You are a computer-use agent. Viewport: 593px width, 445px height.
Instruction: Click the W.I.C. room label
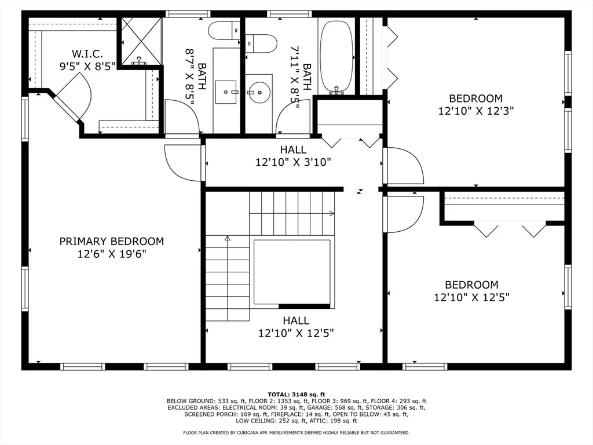click(87, 54)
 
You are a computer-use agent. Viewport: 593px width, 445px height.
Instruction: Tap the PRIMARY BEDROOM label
click(112, 242)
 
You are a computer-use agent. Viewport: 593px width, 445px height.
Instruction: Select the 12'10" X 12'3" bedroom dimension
click(476, 111)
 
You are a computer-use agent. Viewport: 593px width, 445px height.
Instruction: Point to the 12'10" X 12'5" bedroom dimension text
click(471, 297)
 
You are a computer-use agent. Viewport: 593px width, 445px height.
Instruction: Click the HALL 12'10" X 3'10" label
click(294, 156)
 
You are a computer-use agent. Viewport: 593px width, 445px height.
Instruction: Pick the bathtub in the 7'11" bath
click(336, 56)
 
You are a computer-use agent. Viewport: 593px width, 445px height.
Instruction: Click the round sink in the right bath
click(259, 92)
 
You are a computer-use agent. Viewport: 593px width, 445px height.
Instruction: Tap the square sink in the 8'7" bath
click(226, 92)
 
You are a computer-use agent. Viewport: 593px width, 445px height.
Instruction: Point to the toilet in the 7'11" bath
click(261, 44)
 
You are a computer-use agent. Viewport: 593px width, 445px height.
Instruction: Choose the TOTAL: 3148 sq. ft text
click(296, 395)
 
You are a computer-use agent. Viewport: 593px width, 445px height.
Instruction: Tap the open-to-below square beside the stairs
click(292, 271)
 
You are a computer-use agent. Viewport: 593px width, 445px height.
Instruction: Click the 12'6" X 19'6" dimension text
click(112, 254)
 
